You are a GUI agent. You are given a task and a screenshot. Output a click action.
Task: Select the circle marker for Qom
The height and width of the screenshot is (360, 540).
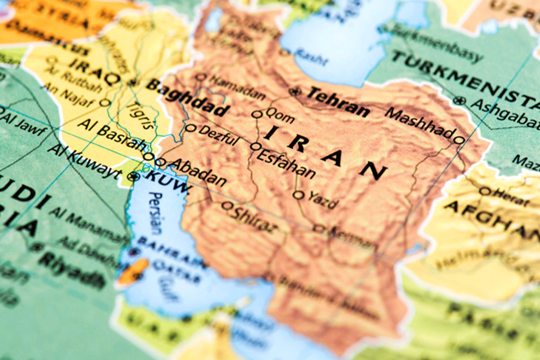tap(257, 114)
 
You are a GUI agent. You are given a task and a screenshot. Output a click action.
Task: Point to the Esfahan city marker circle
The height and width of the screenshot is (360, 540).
tap(256, 146)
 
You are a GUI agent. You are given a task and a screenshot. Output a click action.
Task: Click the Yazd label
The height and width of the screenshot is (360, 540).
tap(322, 200)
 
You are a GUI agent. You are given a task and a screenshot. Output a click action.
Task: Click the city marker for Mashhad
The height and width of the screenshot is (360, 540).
tap(459, 140)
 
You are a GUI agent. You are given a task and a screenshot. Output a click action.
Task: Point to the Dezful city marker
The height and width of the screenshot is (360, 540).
tap(191, 128)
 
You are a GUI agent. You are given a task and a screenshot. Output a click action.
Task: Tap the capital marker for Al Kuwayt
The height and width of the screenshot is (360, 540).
tap(134, 177)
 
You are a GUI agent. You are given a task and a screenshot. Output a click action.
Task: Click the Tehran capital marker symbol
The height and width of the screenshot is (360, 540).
tap(296, 92)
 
